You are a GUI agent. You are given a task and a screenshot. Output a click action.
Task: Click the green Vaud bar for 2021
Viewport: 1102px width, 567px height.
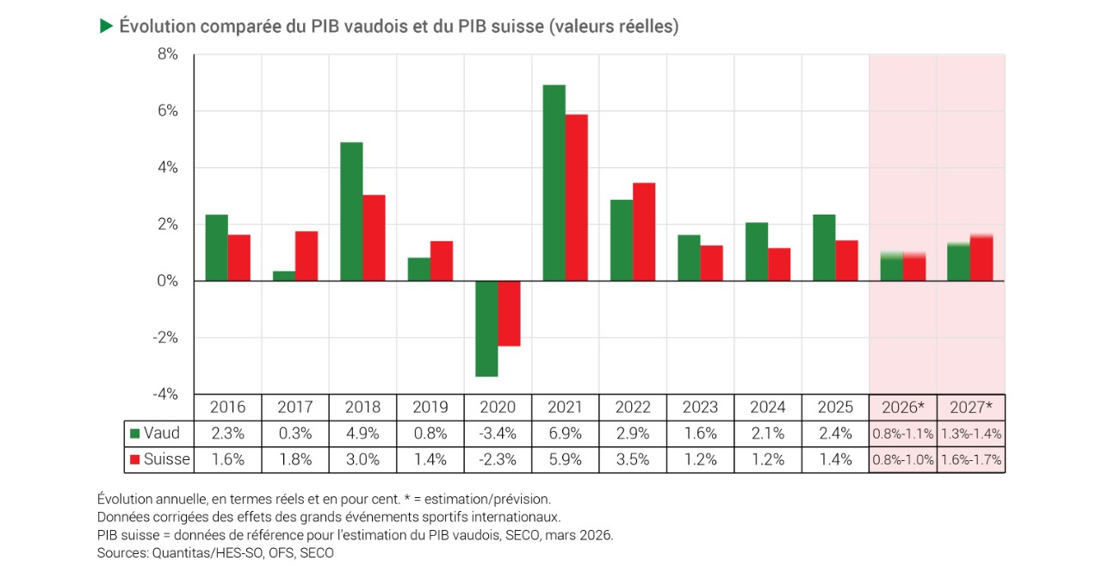(x=554, y=183)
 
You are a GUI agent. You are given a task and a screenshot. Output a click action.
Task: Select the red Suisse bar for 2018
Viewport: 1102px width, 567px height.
(x=374, y=238)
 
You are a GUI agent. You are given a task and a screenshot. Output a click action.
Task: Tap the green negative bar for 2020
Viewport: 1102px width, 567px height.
(x=486, y=328)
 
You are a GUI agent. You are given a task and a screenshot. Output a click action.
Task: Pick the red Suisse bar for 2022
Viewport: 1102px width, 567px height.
(x=644, y=232)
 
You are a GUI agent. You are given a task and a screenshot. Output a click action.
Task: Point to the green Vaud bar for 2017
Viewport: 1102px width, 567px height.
(x=284, y=276)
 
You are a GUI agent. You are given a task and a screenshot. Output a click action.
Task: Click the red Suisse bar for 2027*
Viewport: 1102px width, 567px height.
(x=981, y=258)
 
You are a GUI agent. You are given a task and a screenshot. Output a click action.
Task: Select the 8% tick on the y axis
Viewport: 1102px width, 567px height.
(x=167, y=54)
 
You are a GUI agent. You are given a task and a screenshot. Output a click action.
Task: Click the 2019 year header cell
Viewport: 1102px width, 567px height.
(x=430, y=407)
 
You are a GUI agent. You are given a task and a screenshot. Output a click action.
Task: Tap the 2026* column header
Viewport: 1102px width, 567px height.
(x=902, y=407)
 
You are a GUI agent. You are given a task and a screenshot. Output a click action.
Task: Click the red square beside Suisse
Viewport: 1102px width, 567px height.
(x=134, y=460)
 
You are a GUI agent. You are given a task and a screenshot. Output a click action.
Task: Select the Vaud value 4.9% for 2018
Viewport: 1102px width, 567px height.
(x=362, y=433)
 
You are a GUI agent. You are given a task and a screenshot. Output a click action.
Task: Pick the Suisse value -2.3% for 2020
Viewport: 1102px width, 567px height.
(x=498, y=460)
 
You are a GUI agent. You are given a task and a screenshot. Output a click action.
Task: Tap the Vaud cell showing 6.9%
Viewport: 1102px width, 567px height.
(x=566, y=433)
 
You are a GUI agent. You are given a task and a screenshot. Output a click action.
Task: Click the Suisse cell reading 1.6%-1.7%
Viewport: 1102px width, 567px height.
(x=971, y=460)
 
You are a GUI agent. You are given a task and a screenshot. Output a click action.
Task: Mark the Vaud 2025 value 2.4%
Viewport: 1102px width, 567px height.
(x=835, y=433)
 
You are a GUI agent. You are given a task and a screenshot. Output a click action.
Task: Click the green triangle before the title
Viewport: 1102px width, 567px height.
(x=107, y=27)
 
